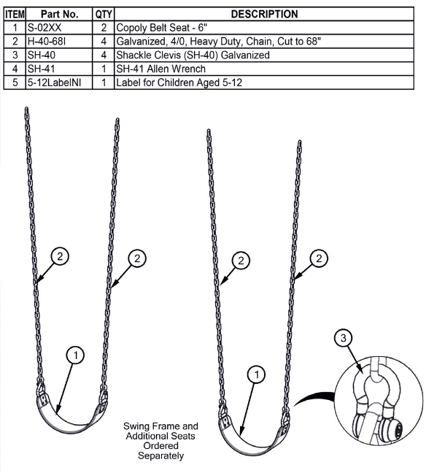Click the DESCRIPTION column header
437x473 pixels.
[x=264, y=14]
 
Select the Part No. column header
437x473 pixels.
[x=59, y=14]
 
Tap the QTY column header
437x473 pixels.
[x=104, y=14]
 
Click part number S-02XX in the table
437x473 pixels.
[x=45, y=28]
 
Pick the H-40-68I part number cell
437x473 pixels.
[x=47, y=42]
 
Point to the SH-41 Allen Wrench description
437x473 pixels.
[x=161, y=69]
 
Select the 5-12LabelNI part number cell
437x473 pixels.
[x=54, y=82]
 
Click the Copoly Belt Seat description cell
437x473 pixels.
[x=162, y=28]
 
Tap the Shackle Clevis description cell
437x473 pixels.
[x=193, y=55]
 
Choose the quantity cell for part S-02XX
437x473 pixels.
[x=104, y=28]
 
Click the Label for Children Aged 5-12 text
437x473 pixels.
[x=179, y=82]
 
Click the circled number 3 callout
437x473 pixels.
[x=344, y=338]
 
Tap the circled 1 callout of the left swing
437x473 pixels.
[x=75, y=355]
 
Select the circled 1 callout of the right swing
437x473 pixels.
[x=256, y=374]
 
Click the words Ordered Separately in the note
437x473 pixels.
[x=161, y=450]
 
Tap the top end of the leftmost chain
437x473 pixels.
[x=26, y=108]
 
